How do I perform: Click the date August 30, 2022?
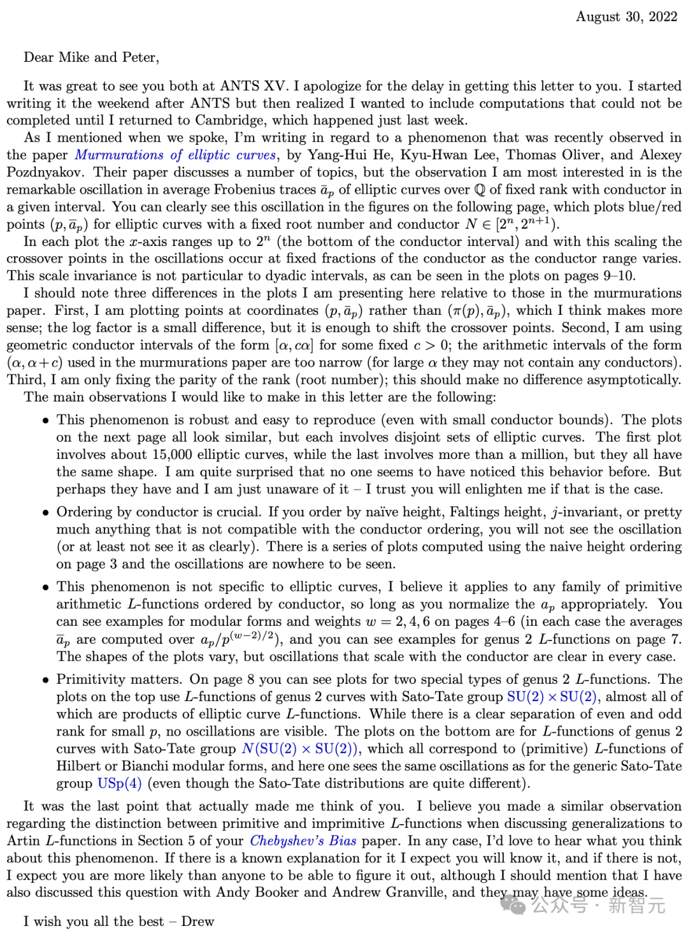click(x=626, y=17)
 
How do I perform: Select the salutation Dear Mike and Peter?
click(x=91, y=57)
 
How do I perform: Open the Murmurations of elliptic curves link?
click(x=175, y=155)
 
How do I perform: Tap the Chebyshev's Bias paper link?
click(x=303, y=841)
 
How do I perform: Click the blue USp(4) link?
click(x=119, y=783)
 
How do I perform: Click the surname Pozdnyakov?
click(x=40, y=172)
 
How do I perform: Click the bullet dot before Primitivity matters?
click(x=45, y=680)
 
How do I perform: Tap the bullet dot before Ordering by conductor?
click(x=45, y=513)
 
